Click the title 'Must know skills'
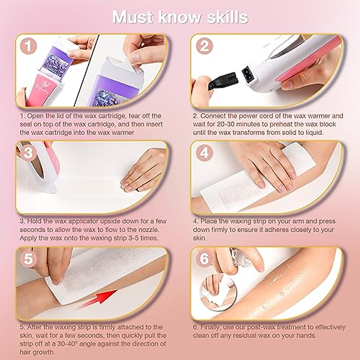[180, 17]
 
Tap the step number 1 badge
[28, 46]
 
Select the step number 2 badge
[204, 46]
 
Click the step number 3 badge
[28, 153]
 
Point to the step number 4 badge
[204, 153]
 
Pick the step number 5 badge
[28, 259]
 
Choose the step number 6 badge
[204, 259]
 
